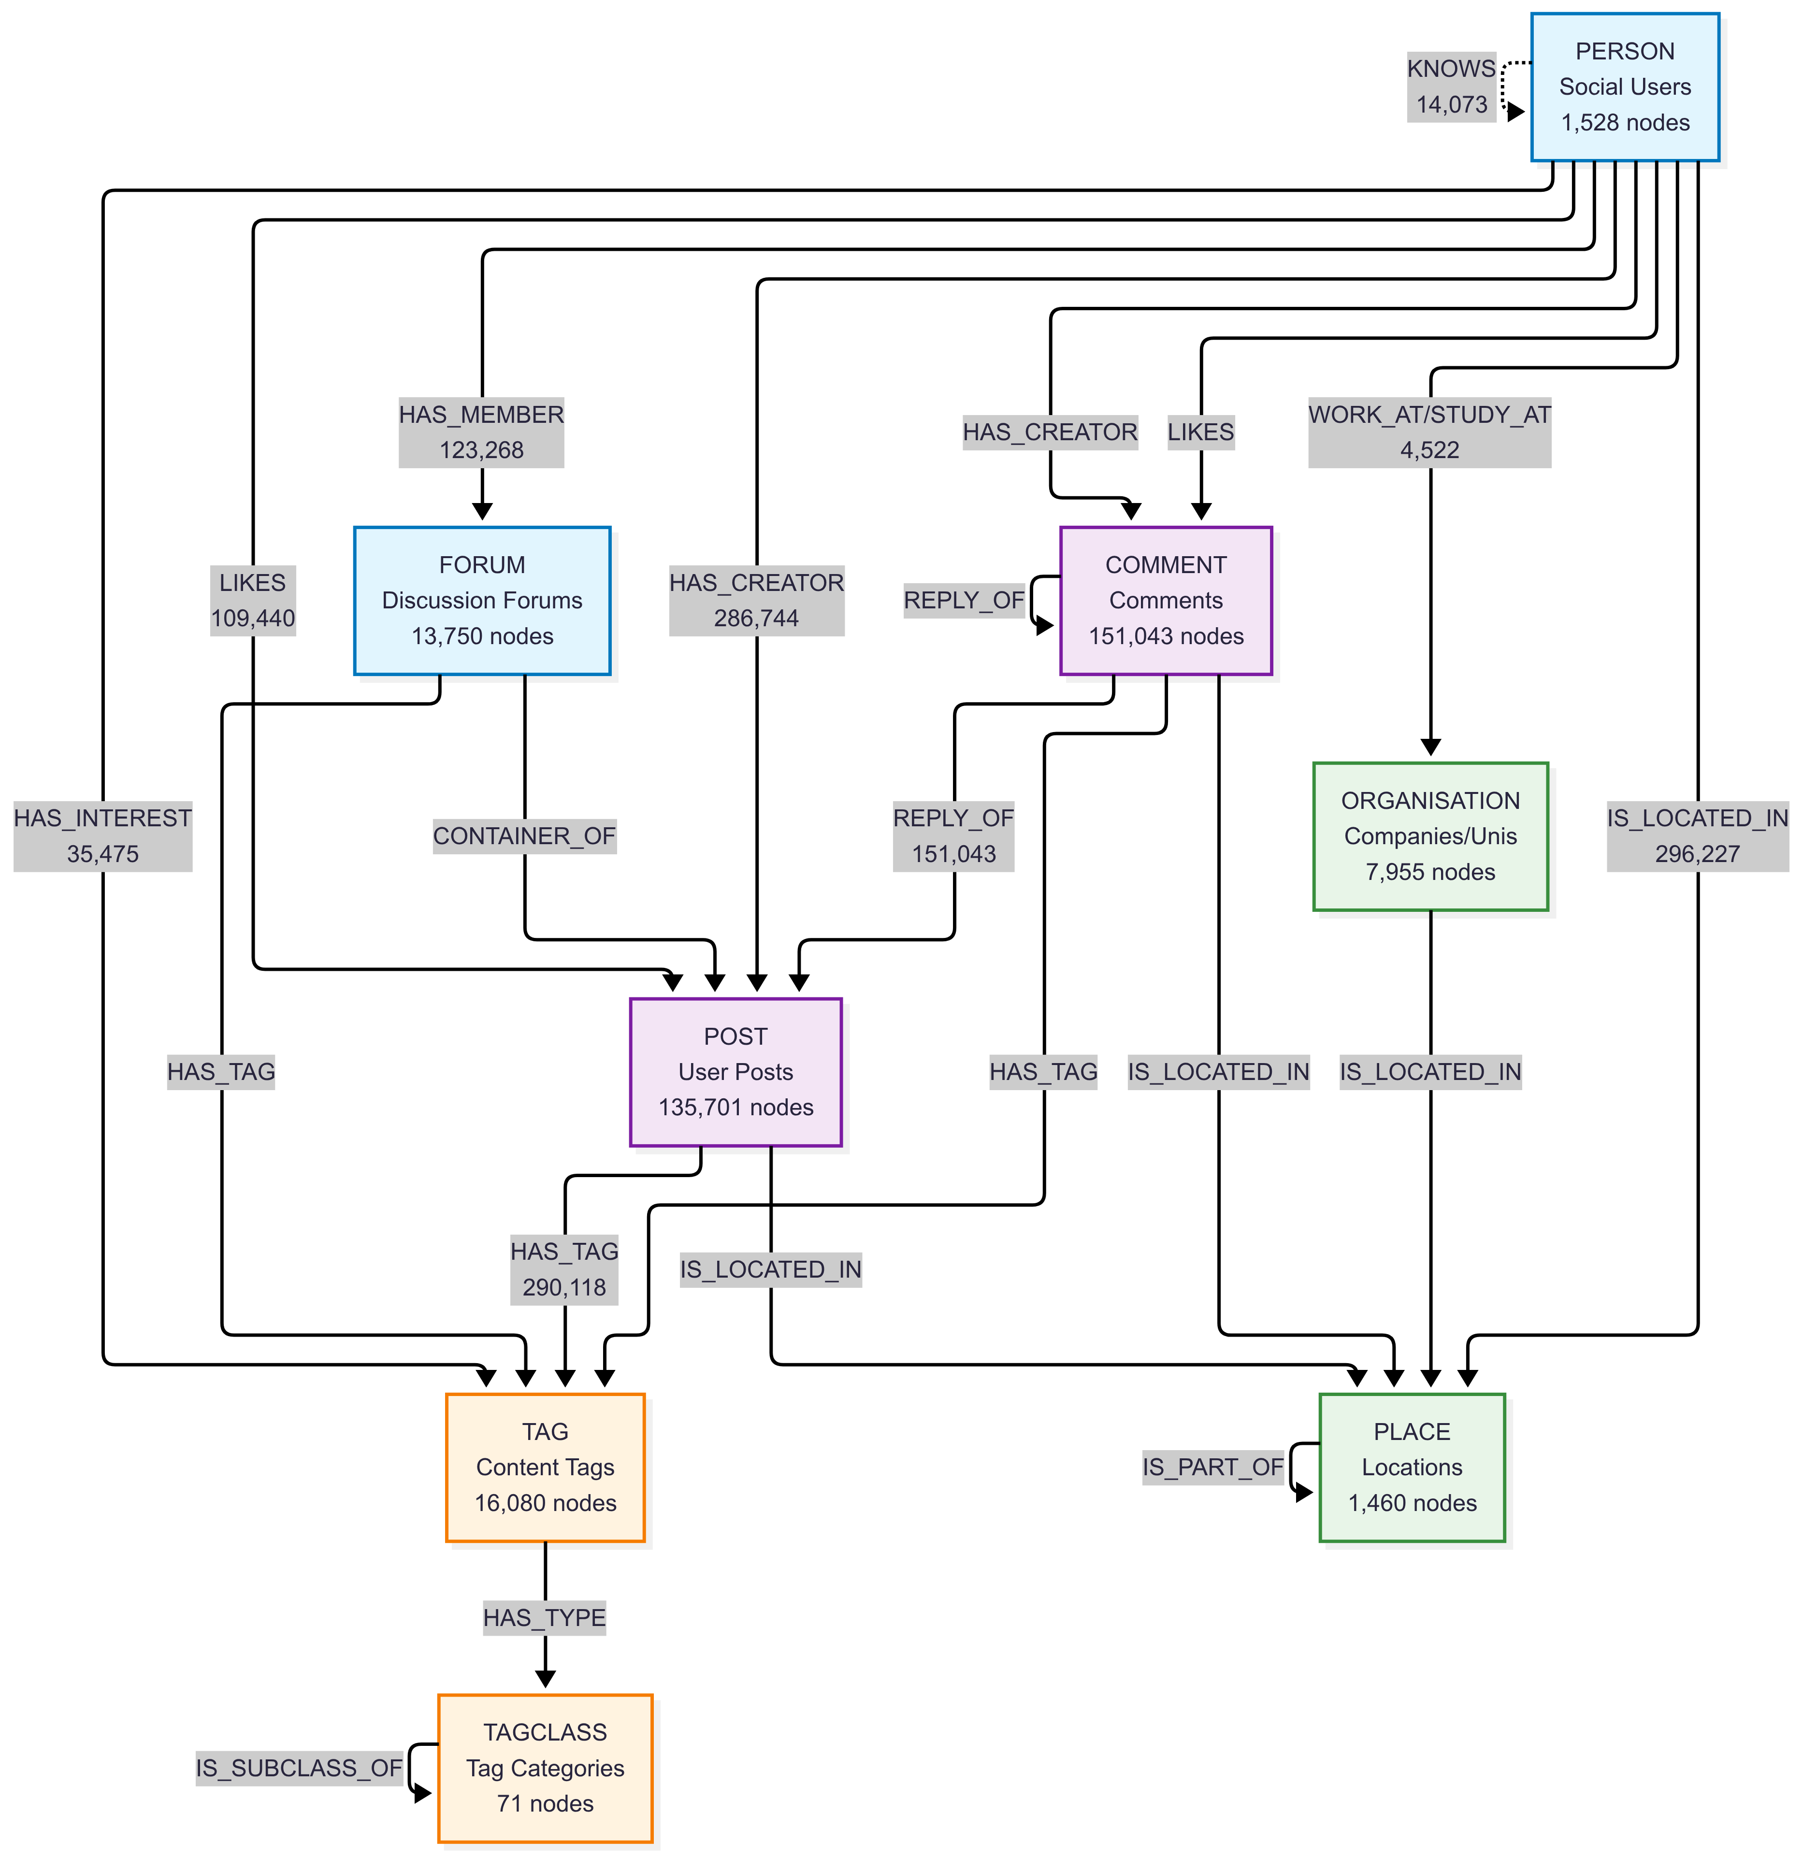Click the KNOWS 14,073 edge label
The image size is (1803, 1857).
click(1451, 86)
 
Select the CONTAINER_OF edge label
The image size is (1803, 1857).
click(524, 835)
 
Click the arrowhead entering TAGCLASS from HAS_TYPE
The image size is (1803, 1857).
click(545, 1678)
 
